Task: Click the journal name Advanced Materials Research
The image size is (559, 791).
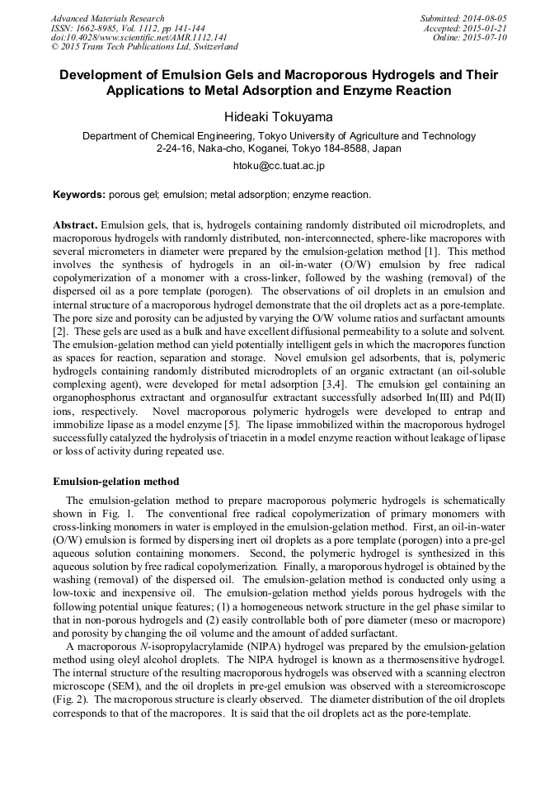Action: (108, 18)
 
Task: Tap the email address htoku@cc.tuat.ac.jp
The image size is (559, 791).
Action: (279, 165)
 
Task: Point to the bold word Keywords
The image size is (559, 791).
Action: (79, 195)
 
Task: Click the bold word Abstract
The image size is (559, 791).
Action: (75, 224)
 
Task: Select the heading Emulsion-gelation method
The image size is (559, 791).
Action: (116, 481)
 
